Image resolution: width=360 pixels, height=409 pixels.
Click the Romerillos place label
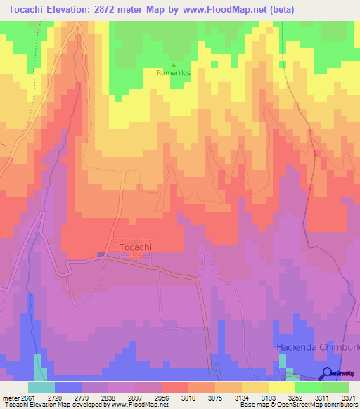point(174,72)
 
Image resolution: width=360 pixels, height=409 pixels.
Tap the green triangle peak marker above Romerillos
point(174,65)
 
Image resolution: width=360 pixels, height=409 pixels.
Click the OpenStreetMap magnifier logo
point(328,373)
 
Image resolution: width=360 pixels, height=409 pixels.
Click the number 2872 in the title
point(127,9)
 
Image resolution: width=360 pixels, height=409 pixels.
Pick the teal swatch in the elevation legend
point(41,387)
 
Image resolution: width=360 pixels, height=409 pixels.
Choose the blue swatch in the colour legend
point(68,387)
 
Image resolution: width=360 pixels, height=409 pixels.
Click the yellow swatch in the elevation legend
point(281,387)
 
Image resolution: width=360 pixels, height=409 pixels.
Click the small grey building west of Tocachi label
point(101,254)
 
